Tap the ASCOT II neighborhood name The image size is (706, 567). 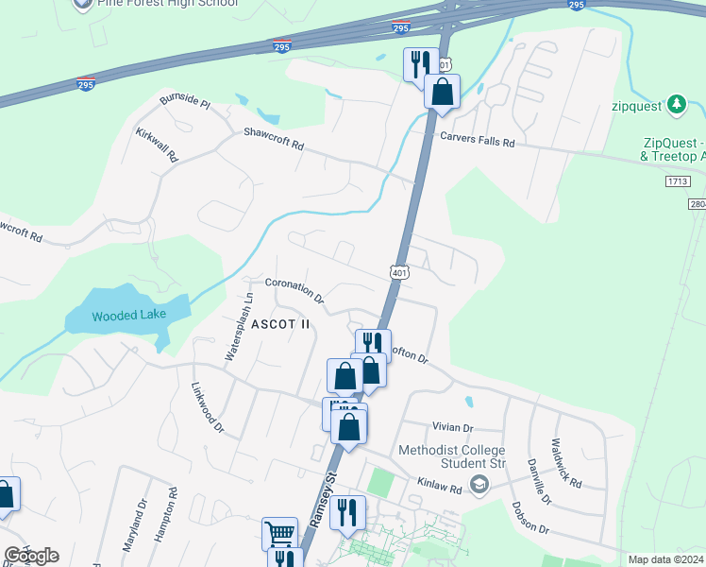(x=280, y=324)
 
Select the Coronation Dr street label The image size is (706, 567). (x=295, y=289)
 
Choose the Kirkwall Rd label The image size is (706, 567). (x=157, y=146)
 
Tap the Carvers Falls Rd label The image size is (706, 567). (x=479, y=142)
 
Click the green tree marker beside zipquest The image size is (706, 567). (x=676, y=103)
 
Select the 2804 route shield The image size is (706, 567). (x=697, y=204)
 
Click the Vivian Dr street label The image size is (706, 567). (x=453, y=428)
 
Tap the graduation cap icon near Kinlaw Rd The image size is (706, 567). (x=479, y=485)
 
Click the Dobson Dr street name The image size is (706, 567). (x=531, y=519)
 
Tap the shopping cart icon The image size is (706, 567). (x=278, y=534)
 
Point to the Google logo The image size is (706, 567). (x=31, y=556)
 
